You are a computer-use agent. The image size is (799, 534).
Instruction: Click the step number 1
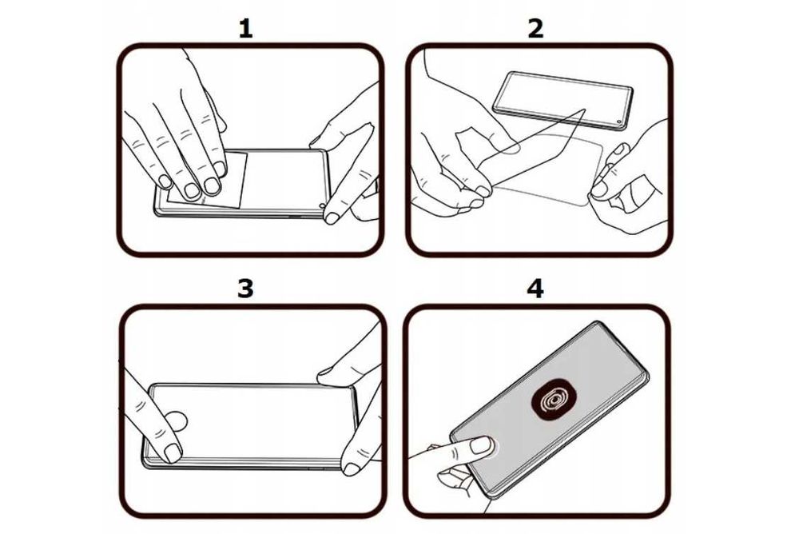point(245,29)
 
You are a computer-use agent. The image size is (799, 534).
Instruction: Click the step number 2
point(535,29)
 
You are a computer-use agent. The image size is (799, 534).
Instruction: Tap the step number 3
point(245,289)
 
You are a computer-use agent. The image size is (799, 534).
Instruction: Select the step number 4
point(535,289)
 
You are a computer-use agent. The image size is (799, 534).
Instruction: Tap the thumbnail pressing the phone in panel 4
point(481,444)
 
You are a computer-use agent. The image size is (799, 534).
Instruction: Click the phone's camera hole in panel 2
point(619,122)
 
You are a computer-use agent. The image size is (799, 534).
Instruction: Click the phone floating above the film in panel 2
point(563,100)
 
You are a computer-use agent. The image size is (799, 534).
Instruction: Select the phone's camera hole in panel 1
point(322,206)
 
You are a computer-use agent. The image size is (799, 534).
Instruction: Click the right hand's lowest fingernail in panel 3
point(351,469)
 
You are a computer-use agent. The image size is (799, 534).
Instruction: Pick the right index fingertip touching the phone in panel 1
point(333,217)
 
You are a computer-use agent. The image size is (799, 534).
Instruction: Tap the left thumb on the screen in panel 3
point(177,421)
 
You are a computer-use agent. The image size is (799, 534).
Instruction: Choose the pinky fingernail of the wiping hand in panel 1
point(165,181)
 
